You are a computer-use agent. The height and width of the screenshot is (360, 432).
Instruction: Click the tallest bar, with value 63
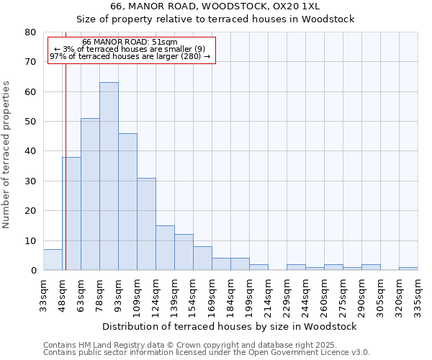[109, 176]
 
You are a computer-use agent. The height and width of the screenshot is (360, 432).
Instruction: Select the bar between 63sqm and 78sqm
[90, 194]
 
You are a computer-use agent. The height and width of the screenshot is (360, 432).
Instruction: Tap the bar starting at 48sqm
[71, 214]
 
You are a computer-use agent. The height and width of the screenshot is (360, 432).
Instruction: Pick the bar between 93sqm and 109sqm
[127, 202]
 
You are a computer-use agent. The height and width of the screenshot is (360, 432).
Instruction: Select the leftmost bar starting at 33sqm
[53, 260]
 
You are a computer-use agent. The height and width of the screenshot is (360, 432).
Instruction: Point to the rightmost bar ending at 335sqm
[408, 269]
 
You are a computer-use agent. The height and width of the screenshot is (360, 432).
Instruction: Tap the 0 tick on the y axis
[33, 271]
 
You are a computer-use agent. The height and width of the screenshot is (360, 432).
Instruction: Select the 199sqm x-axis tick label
[249, 294]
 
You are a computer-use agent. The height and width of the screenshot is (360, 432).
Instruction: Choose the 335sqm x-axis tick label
[418, 294]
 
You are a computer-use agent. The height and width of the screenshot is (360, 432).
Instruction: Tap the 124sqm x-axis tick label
[156, 294]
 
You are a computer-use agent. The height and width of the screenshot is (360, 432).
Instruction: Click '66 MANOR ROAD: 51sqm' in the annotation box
[130, 42]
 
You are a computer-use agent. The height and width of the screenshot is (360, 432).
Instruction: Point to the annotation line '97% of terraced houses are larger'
[130, 56]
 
